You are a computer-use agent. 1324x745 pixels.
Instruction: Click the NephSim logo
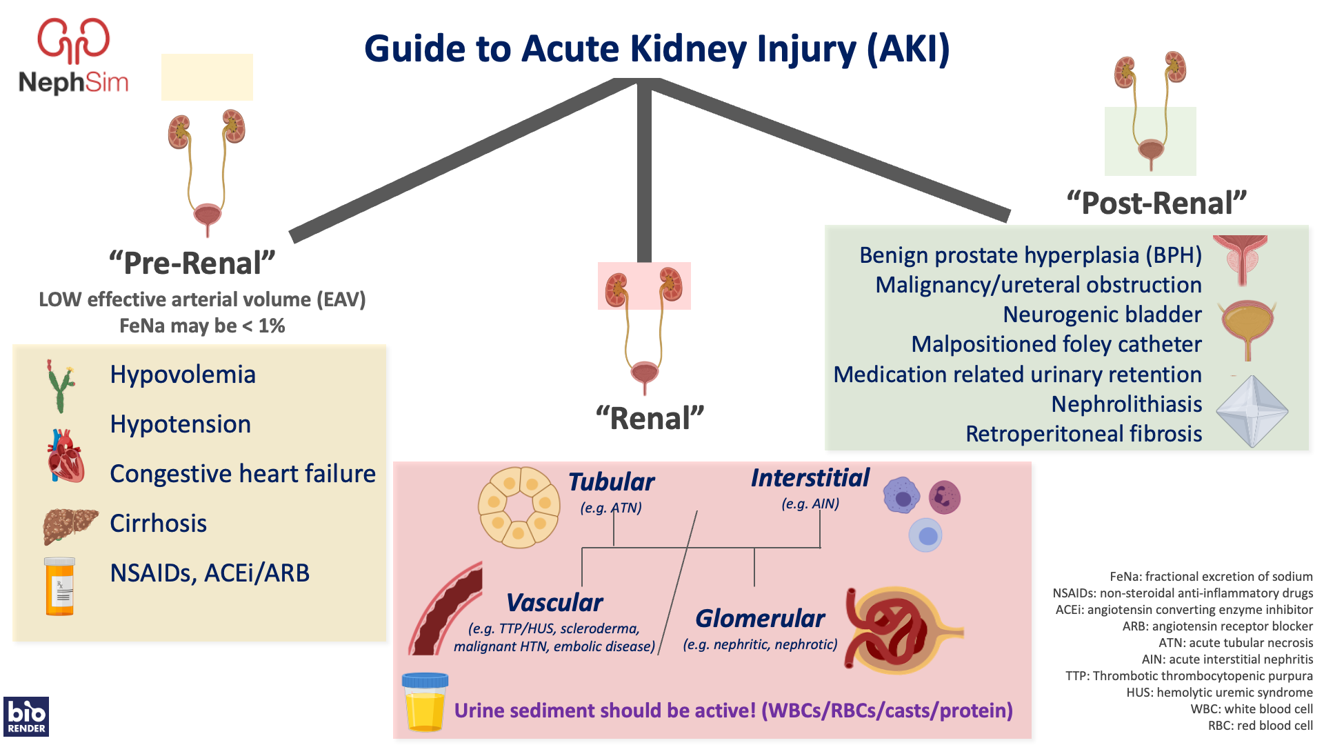73,57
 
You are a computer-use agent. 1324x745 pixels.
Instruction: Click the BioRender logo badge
26,717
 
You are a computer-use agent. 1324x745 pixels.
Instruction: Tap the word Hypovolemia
183,375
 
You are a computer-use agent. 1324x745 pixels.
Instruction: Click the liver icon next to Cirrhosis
70,526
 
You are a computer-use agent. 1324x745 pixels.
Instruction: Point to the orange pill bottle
60,586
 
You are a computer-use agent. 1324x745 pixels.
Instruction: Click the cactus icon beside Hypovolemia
61,386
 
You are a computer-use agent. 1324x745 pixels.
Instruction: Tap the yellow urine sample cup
425,702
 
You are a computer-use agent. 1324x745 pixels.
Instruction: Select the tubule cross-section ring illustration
519,508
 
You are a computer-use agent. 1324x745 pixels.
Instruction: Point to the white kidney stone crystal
1252,411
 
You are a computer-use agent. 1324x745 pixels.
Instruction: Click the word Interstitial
810,478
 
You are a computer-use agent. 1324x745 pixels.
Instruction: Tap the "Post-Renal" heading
1156,203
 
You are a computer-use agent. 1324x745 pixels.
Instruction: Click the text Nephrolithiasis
1126,404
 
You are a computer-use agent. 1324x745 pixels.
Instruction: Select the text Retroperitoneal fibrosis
1083,434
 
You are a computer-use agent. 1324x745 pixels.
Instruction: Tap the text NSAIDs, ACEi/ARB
210,573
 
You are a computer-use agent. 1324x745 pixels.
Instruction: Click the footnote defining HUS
1219,693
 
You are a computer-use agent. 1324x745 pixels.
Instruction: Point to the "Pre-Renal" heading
192,264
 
